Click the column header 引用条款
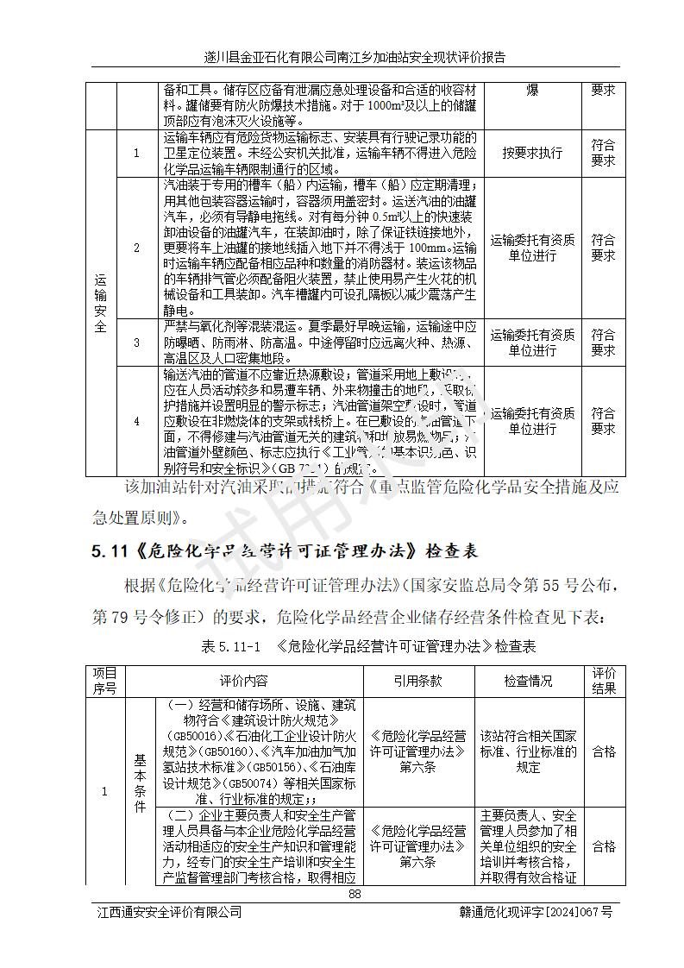417,681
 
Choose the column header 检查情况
528,681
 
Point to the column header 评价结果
604,681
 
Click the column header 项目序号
104,681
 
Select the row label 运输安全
101,303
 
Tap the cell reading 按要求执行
532,153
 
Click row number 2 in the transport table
136,248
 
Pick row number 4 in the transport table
136,421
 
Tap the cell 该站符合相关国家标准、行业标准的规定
528,751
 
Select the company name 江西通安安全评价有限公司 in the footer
168,912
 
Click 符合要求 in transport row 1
603,153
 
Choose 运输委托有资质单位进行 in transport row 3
532,343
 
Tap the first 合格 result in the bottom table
604,751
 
